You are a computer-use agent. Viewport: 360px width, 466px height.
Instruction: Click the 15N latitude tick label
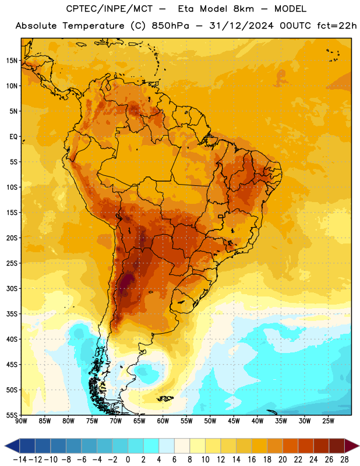click(x=12, y=61)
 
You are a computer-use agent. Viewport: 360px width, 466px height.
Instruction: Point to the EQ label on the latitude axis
click(x=13, y=137)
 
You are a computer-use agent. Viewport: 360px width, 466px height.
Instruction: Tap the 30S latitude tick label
click(x=12, y=288)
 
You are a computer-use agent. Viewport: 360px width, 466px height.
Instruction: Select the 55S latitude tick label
click(x=12, y=415)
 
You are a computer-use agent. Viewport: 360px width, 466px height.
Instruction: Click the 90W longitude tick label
click(x=21, y=421)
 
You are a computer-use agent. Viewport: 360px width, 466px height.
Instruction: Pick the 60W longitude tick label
click(x=163, y=421)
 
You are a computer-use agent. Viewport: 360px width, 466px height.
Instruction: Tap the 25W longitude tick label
click(x=328, y=421)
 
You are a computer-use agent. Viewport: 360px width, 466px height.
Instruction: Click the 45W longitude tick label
click(x=234, y=421)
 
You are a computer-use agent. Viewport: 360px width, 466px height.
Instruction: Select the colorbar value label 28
click(x=344, y=460)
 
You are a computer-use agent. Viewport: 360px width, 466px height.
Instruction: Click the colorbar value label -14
click(x=20, y=460)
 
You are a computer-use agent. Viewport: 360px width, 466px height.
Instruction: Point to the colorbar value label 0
click(x=128, y=460)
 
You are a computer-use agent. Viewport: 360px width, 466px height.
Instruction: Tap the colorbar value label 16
click(x=252, y=460)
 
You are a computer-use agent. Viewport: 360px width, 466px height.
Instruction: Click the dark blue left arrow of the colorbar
click(x=12, y=446)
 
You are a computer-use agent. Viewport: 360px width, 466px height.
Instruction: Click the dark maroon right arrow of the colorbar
click(x=352, y=446)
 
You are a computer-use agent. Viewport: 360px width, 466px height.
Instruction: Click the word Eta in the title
click(x=185, y=9)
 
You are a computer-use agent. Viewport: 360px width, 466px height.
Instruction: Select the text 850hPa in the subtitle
click(x=170, y=26)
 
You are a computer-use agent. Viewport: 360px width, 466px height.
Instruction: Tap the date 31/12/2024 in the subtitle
click(x=241, y=26)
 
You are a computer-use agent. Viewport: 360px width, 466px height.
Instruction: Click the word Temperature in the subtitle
click(x=93, y=26)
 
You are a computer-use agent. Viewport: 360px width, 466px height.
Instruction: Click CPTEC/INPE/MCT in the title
click(x=109, y=9)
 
